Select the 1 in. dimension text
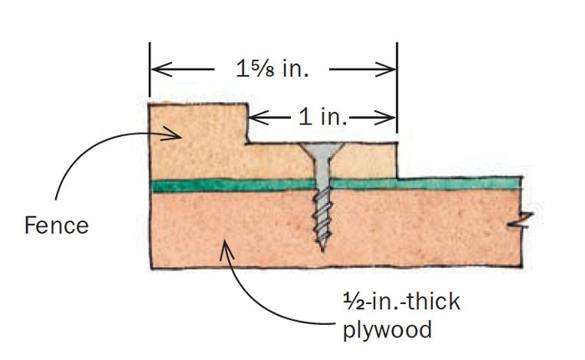pos(322,117)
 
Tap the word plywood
pos(387,329)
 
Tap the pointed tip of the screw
pos(322,248)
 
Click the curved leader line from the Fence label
pos(84,167)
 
